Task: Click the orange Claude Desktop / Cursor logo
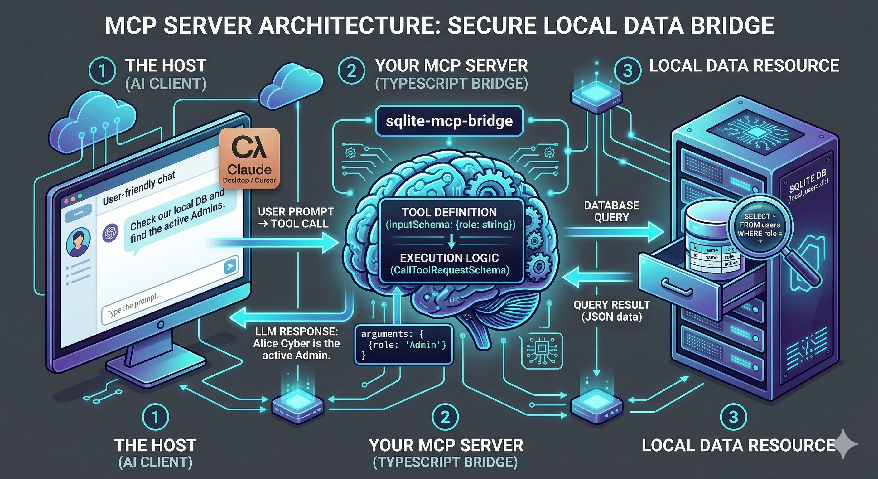click(x=249, y=158)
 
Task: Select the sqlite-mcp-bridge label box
click(x=449, y=121)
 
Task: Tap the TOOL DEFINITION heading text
click(x=449, y=212)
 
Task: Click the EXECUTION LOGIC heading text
click(x=449, y=258)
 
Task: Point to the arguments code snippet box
click(x=404, y=345)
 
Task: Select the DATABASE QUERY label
click(x=611, y=211)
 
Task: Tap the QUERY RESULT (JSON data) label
click(x=611, y=311)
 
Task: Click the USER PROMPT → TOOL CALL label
click(x=296, y=217)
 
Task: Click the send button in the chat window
click(x=231, y=266)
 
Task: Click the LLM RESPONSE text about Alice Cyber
click(x=296, y=343)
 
